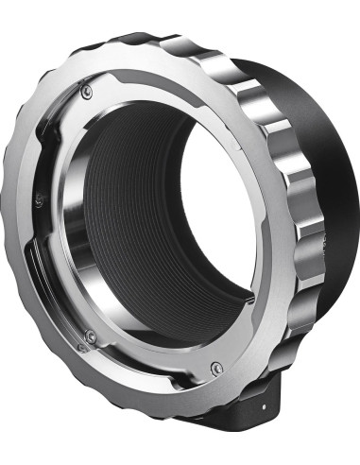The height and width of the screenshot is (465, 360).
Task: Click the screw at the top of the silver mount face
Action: tap(87, 91)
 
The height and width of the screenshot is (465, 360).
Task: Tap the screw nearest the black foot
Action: tap(216, 368)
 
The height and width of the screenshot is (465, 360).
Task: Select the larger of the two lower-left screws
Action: tap(91, 336)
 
